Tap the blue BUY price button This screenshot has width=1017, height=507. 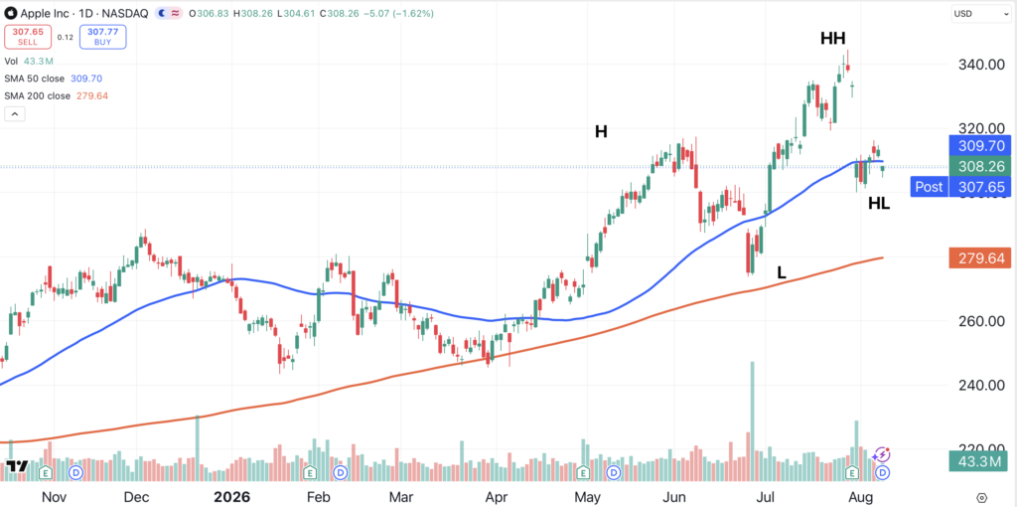103,37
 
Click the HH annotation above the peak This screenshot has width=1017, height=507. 833,39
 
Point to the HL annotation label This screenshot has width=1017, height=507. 879,204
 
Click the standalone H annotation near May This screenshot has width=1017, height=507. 601,132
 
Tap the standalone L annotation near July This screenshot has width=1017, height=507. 782,272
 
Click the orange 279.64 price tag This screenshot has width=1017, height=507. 979,258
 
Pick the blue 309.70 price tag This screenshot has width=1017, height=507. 979,145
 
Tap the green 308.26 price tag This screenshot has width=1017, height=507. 979,166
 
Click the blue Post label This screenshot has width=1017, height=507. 929,187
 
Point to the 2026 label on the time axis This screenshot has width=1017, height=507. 232,497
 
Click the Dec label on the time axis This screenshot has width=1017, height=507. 137,497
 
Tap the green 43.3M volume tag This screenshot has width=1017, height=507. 979,461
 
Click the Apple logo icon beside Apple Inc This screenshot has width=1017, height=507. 11,13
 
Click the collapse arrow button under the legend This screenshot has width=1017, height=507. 14,114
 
